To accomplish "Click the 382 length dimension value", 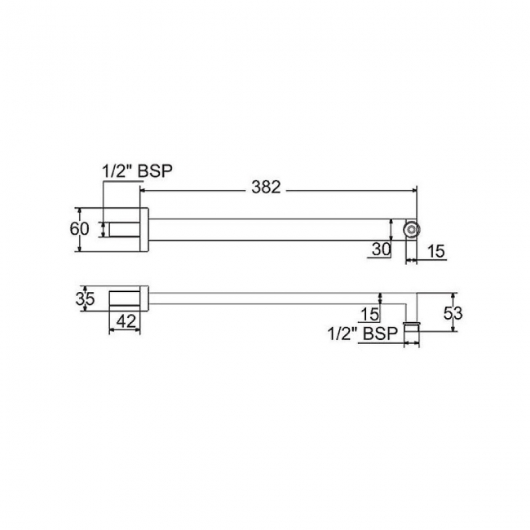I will [266, 188].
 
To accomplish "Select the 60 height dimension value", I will [79, 229].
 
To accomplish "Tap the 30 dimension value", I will [381, 250].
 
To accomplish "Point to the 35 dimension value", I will [85, 298].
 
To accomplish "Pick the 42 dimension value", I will [126, 322].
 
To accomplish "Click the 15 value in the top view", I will [437, 251].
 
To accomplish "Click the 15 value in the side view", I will [371, 313].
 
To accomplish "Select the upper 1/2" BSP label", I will [138, 171].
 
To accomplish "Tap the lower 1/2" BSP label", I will [362, 333].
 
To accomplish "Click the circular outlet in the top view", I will [412, 230].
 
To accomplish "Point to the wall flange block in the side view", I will [126, 299].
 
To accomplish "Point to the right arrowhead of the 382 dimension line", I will [413, 188].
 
